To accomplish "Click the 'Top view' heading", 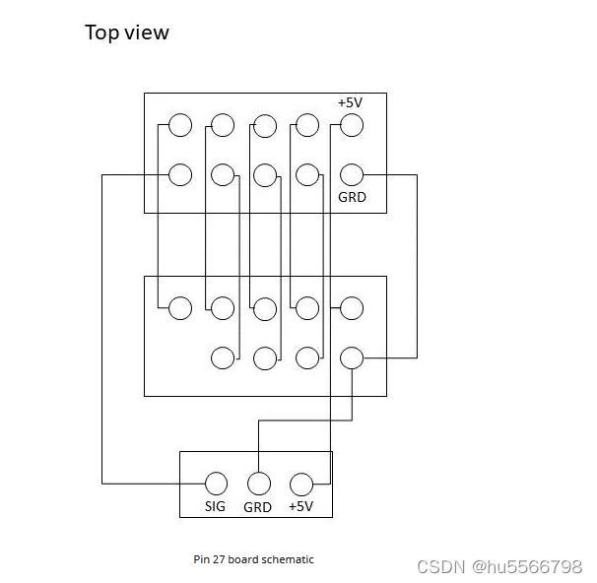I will tap(127, 32).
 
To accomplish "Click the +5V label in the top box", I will tap(350, 102).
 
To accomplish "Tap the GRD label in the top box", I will tap(352, 197).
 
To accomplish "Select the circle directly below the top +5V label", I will tap(352, 125).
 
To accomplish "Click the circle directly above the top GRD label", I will tap(352, 175).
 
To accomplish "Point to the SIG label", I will tap(215, 506).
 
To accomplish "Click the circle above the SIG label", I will tap(215, 484).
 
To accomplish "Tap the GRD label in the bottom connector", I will tap(257, 507).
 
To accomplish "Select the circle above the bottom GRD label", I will tap(258, 484).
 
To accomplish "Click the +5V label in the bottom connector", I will tap(300, 506).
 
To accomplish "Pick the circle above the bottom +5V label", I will tap(301, 484).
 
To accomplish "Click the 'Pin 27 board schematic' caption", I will tap(253, 559).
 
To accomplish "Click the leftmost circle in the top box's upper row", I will tap(179, 125).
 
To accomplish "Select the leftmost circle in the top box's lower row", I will tap(179, 175).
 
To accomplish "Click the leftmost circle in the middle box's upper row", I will tap(179, 308).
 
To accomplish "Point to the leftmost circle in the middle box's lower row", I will tap(223, 357).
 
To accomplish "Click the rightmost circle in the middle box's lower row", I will tap(352, 357).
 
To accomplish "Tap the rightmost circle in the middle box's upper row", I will tap(352, 308).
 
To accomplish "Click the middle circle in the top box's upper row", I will tap(265, 125).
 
